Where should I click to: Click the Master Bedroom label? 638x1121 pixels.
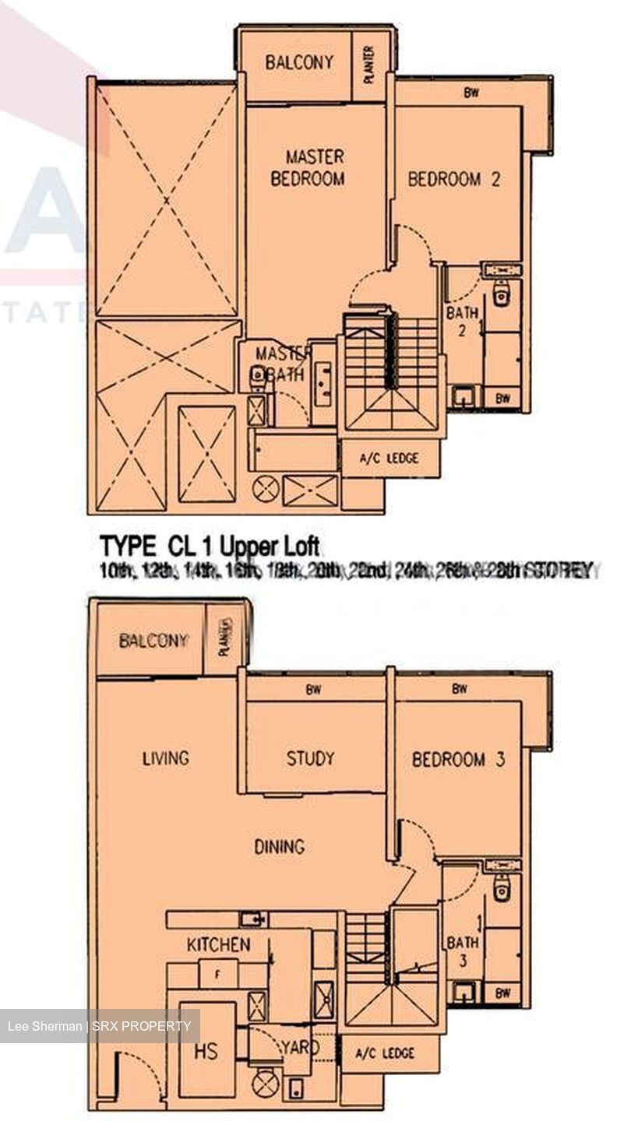(307, 167)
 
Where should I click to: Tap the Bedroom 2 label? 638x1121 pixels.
(453, 179)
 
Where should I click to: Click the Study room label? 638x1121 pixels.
(309, 757)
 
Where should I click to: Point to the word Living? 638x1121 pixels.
(165, 757)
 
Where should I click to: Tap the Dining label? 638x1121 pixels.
(279, 846)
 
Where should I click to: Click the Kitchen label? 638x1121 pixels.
(218, 945)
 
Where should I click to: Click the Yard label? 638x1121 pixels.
(300, 1047)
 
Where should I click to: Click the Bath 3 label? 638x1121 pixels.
(462, 951)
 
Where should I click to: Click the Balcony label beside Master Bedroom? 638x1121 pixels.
(298, 62)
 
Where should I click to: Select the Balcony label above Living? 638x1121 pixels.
(153, 641)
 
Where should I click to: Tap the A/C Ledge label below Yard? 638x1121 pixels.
(386, 1053)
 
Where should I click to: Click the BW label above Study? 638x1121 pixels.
(314, 688)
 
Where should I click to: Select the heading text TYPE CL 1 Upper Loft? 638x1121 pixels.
(209, 543)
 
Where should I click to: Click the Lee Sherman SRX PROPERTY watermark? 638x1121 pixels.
(99, 1026)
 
